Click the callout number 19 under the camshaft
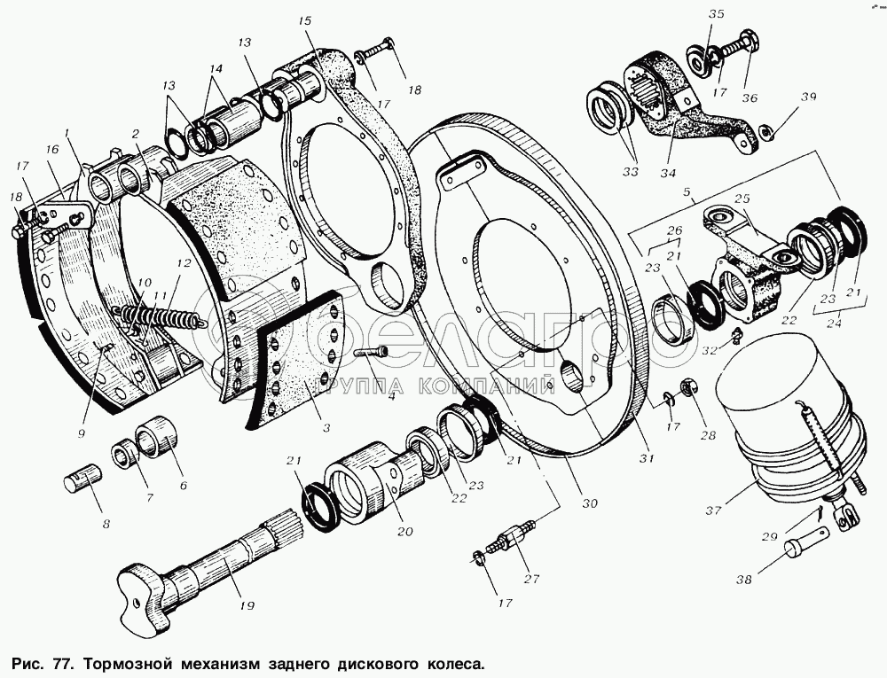246,605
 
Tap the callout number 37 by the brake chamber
714,510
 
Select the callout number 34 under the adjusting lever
668,173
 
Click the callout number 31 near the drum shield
648,458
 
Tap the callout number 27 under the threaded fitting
531,578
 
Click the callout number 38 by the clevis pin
743,579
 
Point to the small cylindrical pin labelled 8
82,483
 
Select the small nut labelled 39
765,133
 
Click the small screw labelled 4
371,353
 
